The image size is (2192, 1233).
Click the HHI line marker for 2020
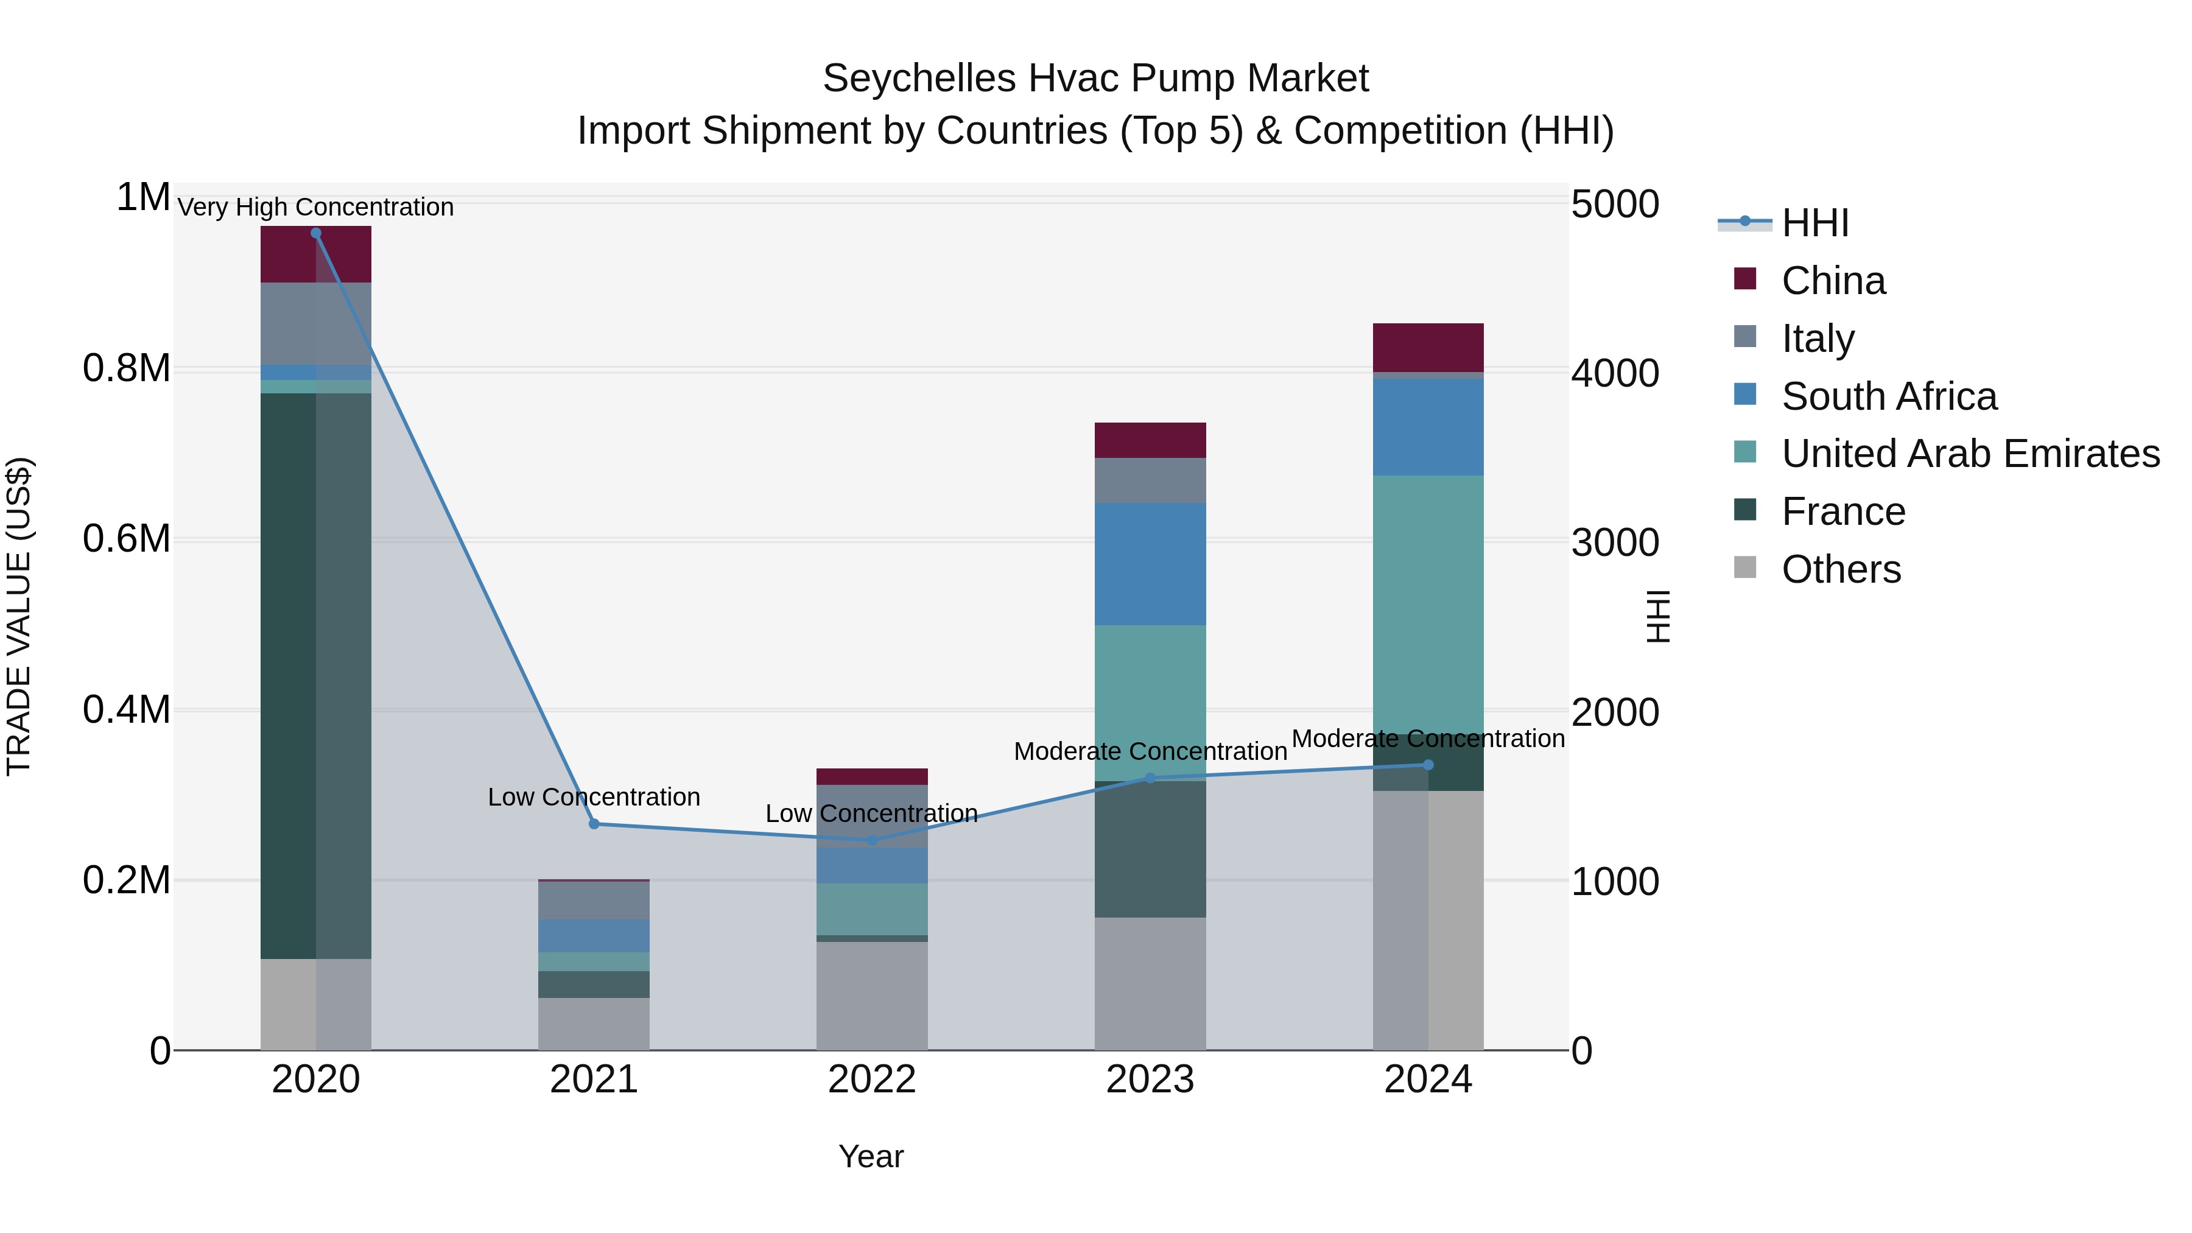click(315, 233)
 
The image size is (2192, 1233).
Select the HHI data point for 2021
click(594, 824)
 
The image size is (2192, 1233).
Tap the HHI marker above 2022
click(872, 840)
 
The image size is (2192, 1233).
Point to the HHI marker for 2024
click(1428, 765)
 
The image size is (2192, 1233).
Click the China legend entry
click(1833, 281)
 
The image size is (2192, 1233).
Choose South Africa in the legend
click(1888, 396)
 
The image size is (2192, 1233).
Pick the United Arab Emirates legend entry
click(1970, 454)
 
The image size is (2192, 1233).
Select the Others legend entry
click(1841, 569)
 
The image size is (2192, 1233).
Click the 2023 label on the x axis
click(1150, 1080)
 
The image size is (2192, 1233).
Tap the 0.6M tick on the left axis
click(126, 539)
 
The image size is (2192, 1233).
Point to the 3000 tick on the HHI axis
click(1614, 543)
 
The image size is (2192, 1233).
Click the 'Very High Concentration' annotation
click(315, 207)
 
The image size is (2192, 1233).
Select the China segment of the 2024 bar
click(1428, 347)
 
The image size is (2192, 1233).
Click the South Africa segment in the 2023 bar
click(1150, 564)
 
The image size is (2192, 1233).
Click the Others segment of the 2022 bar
click(872, 996)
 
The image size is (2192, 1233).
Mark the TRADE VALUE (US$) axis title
click(19, 616)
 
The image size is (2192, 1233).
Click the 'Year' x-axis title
click(871, 1156)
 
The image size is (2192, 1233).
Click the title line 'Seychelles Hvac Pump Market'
click(1095, 79)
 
